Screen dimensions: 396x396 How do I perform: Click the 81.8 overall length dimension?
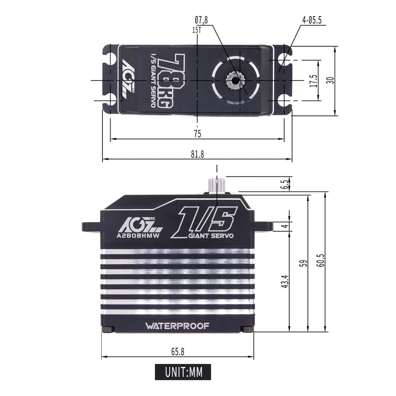[197, 154]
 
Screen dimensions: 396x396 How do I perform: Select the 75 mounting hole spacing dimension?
[197, 134]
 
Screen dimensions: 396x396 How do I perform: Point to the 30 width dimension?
[330, 80]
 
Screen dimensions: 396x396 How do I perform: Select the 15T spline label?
[197, 30]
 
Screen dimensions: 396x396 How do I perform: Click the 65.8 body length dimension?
[177, 352]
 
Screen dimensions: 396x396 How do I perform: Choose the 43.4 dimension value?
[285, 281]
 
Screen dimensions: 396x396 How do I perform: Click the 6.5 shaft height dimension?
[285, 185]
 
